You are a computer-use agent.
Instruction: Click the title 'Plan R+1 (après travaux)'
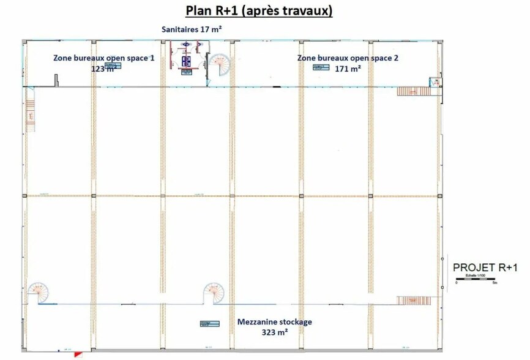(259, 11)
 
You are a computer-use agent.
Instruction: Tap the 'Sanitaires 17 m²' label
(191, 29)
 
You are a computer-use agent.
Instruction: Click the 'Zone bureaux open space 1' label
(103, 58)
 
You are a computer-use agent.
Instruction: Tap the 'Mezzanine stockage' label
(274, 321)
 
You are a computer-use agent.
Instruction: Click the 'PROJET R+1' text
(485, 268)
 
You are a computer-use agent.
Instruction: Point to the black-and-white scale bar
(477, 280)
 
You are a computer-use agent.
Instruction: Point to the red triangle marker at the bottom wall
(78, 354)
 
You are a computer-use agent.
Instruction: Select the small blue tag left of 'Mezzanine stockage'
(204, 324)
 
